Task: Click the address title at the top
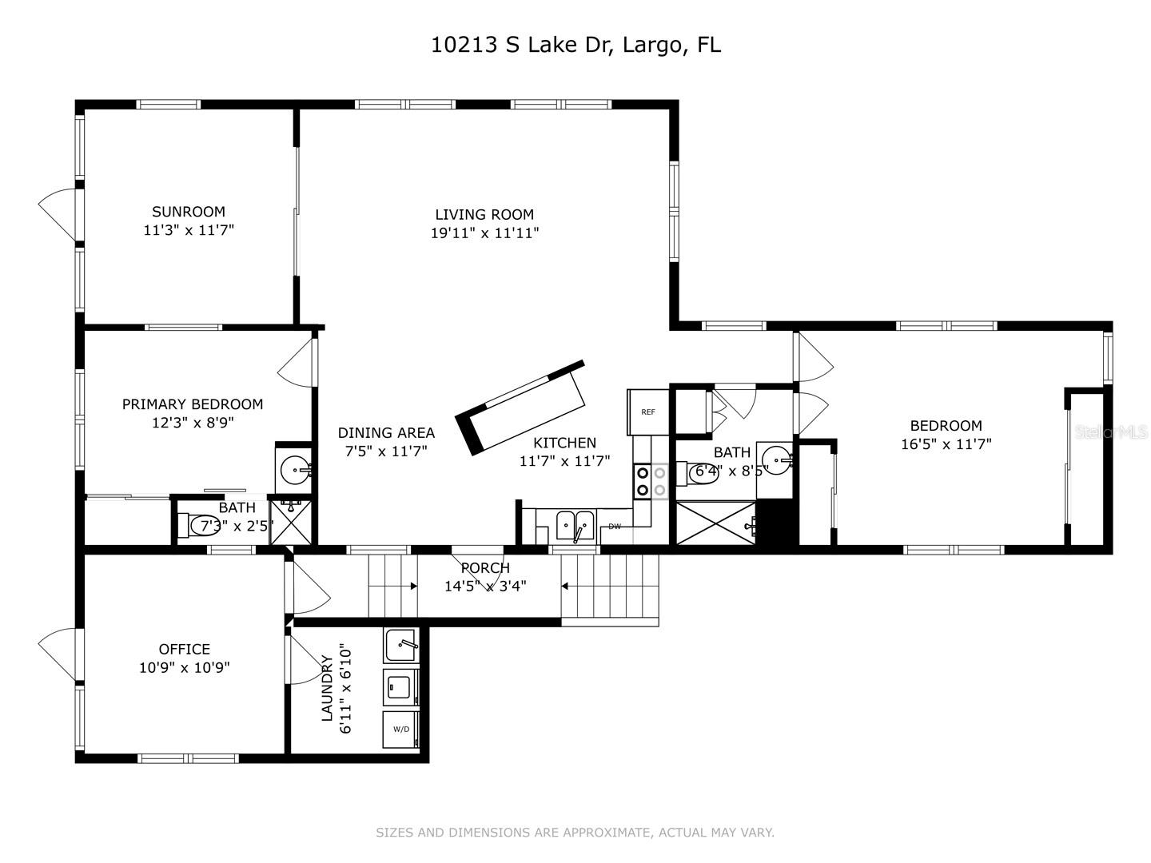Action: coord(575,45)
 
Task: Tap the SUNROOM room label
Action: coord(189,212)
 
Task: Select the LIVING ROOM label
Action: coord(484,214)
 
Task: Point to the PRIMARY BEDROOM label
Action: coord(192,404)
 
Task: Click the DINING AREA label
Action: coord(386,432)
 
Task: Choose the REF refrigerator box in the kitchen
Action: coord(648,412)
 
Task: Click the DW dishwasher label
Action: coord(615,527)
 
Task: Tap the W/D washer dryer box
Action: coord(401,729)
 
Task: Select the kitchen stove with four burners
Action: coord(651,481)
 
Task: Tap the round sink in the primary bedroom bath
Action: coord(295,468)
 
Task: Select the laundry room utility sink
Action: coord(401,645)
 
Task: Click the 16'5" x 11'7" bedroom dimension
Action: coord(946,444)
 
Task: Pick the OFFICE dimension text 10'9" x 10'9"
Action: coord(185,668)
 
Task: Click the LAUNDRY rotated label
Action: coord(327,689)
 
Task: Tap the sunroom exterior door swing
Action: coord(58,214)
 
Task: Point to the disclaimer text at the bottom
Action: coord(575,833)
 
